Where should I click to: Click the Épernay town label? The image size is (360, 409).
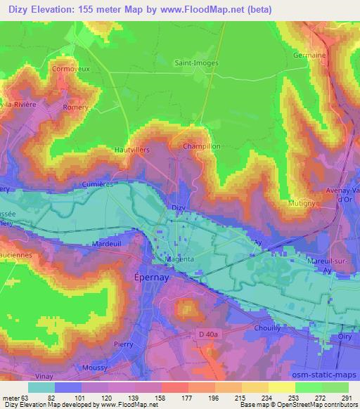tap(150, 278)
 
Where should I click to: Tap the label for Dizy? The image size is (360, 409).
tap(179, 208)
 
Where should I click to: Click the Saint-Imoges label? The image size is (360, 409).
tap(196, 63)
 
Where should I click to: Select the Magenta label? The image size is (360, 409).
tap(179, 259)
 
